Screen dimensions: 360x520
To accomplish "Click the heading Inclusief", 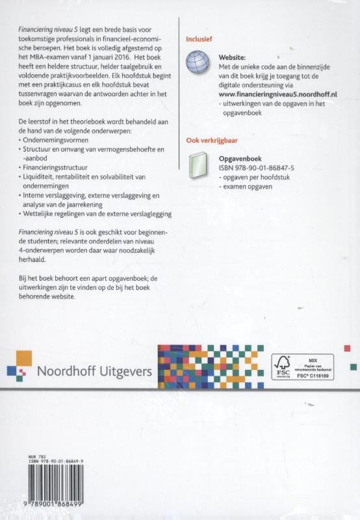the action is click(199, 38).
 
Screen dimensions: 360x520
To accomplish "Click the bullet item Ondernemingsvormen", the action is click(56, 140).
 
